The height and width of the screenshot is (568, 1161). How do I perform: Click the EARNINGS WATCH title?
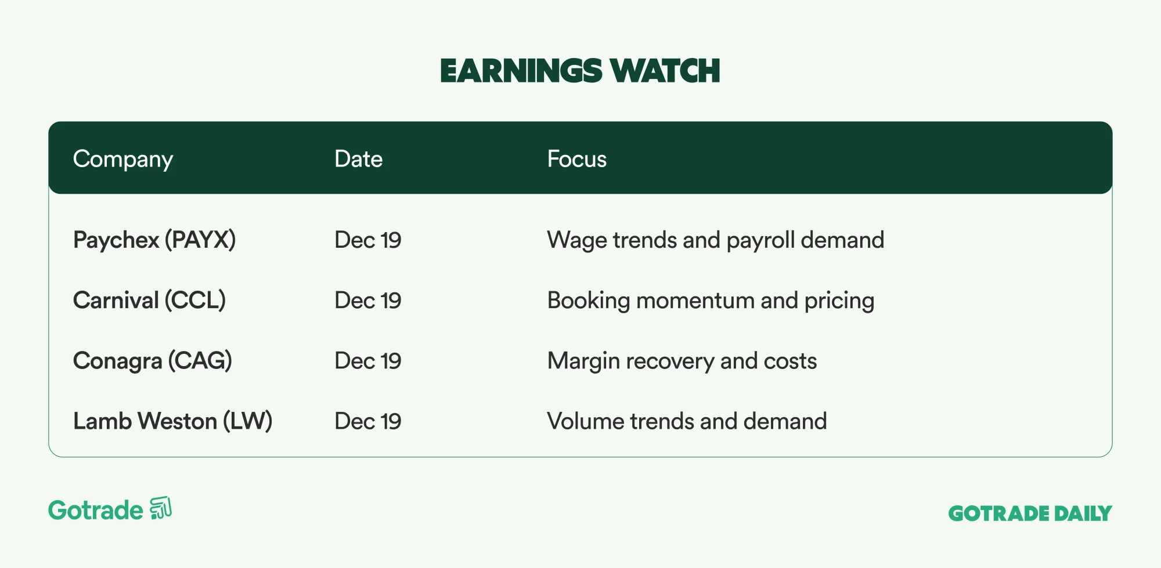click(580, 71)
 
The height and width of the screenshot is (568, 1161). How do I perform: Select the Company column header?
click(123, 160)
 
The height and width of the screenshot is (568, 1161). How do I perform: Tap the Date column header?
click(359, 158)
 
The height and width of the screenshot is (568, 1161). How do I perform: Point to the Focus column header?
click(577, 158)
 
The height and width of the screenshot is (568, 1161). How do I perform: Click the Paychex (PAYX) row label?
click(154, 240)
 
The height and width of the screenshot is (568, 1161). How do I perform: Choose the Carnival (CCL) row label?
click(149, 301)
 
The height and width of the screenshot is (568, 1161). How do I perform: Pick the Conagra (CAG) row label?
click(153, 361)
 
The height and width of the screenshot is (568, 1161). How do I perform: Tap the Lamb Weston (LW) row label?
click(173, 421)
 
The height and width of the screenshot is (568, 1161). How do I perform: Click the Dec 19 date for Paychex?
click(368, 240)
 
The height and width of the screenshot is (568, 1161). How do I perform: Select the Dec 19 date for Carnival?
click(368, 301)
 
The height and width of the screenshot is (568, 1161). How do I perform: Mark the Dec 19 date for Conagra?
click(368, 361)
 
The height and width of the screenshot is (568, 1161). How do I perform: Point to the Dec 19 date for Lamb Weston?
click(368, 421)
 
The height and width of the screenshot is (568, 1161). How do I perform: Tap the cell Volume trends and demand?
click(687, 421)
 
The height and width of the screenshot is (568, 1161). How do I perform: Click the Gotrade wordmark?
click(96, 511)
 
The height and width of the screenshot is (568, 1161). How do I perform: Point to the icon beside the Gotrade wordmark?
click(161, 508)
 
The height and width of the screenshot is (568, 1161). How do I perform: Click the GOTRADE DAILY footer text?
click(1030, 513)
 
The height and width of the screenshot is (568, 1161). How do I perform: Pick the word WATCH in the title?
click(665, 71)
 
